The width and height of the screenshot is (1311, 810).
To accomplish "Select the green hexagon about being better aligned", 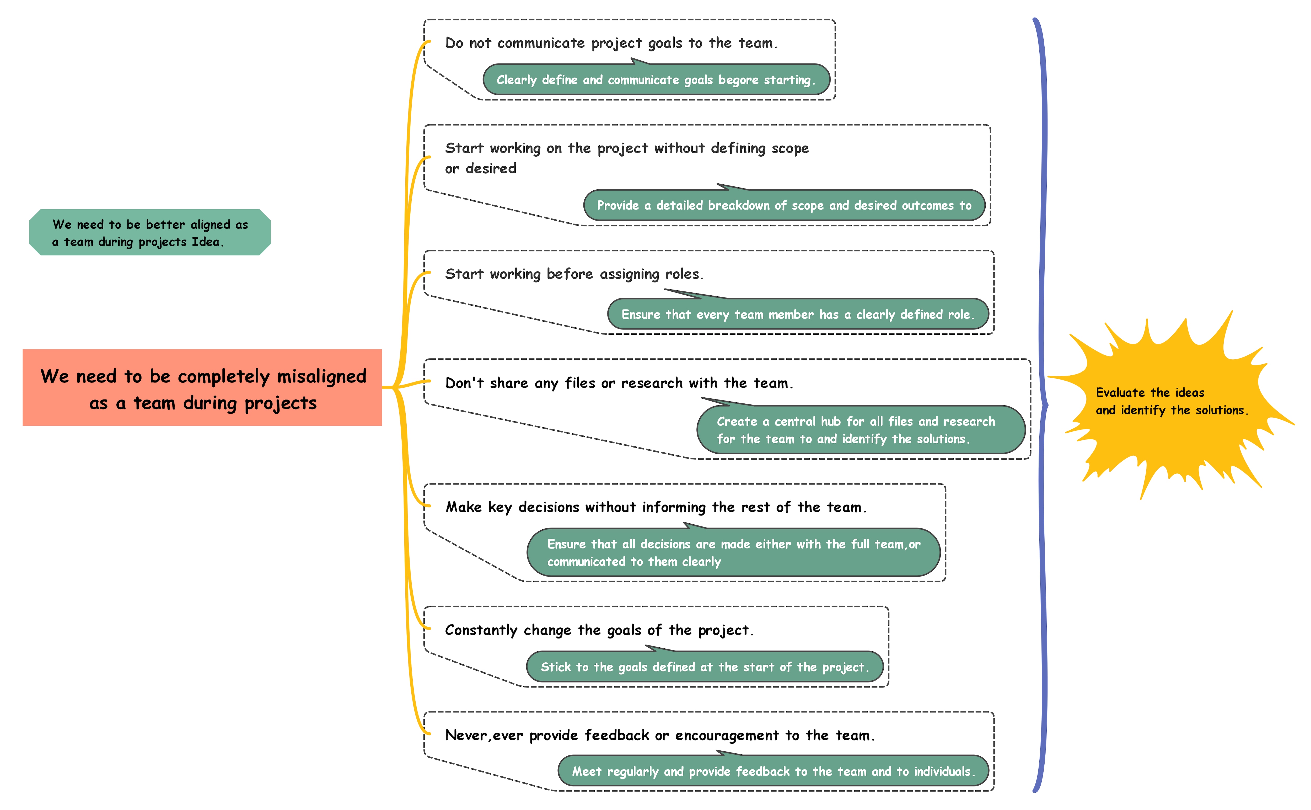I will click(x=150, y=232).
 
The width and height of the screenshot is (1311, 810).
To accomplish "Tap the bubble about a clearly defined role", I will click(x=797, y=315).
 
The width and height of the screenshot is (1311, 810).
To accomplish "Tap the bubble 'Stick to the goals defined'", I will click(x=704, y=667).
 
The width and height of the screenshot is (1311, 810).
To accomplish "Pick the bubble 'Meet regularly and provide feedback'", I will click(x=773, y=771).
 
